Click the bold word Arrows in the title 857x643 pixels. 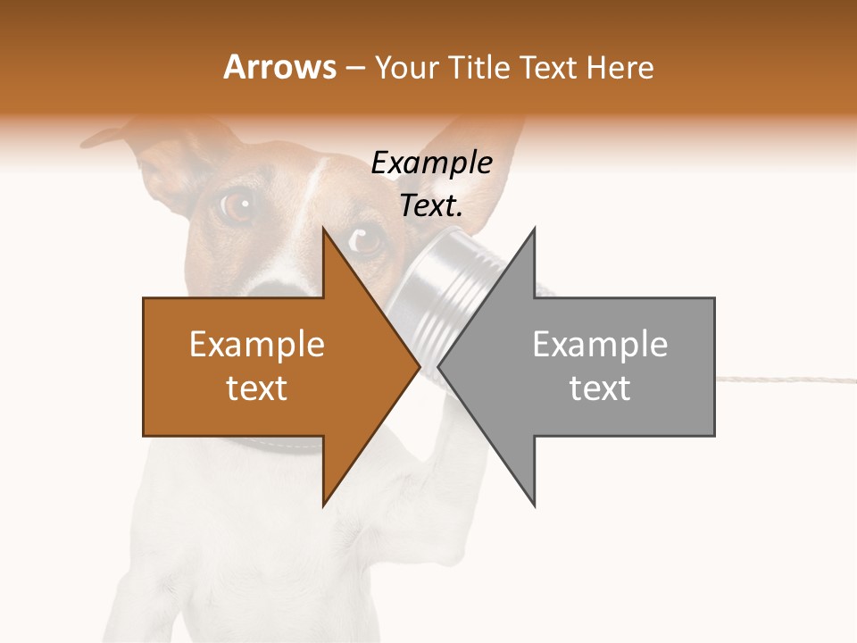pos(279,67)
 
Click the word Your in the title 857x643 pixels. pos(404,67)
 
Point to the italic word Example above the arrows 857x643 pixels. pos(431,163)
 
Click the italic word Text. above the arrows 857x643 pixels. pos(431,206)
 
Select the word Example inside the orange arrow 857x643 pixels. pos(256,344)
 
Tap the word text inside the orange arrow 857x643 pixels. pos(256,388)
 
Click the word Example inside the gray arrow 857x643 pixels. pos(600,344)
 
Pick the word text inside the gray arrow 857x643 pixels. pos(600,388)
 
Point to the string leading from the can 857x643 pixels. pos(786,377)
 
